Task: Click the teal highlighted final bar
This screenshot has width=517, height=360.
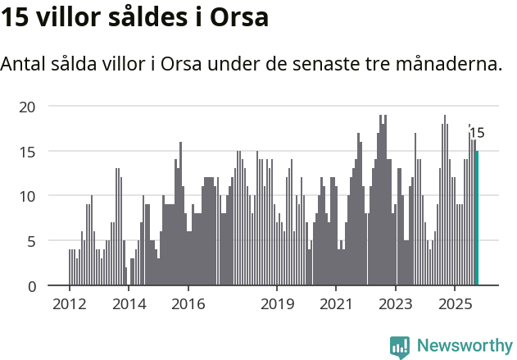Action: pyautogui.click(x=477, y=218)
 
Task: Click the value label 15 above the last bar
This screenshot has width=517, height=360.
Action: pyautogui.click(x=477, y=133)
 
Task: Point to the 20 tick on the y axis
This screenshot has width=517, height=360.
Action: pyautogui.click(x=28, y=106)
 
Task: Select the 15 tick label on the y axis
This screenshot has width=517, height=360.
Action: pyautogui.click(x=28, y=151)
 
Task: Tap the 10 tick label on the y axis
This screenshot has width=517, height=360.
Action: pyautogui.click(x=28, y=196)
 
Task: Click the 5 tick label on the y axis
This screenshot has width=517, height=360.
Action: pyautogui.click(x=32, y=241)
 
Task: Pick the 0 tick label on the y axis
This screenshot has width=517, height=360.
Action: pyautogui.click(x=32, y=286)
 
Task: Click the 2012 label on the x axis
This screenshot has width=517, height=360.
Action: pyautogui.click(x=69, y=305)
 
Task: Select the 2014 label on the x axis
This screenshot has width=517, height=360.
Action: pyautogui.click(x=129, y=305)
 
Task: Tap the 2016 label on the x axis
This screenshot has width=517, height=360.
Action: pyautogui.click(x=188, y=305)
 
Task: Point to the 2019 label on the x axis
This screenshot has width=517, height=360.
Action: pyautogui.click(x=277, y=305)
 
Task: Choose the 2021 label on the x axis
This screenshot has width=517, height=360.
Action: pyautogui.click(x=337, y=305)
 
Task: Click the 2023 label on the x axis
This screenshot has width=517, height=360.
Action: pyautogui.click(x=396, y=305)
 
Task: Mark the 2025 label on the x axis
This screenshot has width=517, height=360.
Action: pyautogui.click(x=456, y=305)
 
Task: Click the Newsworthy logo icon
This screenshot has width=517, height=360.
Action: pyautogui.click(x=400, y=346)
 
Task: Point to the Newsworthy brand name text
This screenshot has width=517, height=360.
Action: pyautogui.click(x=465, y=346)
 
